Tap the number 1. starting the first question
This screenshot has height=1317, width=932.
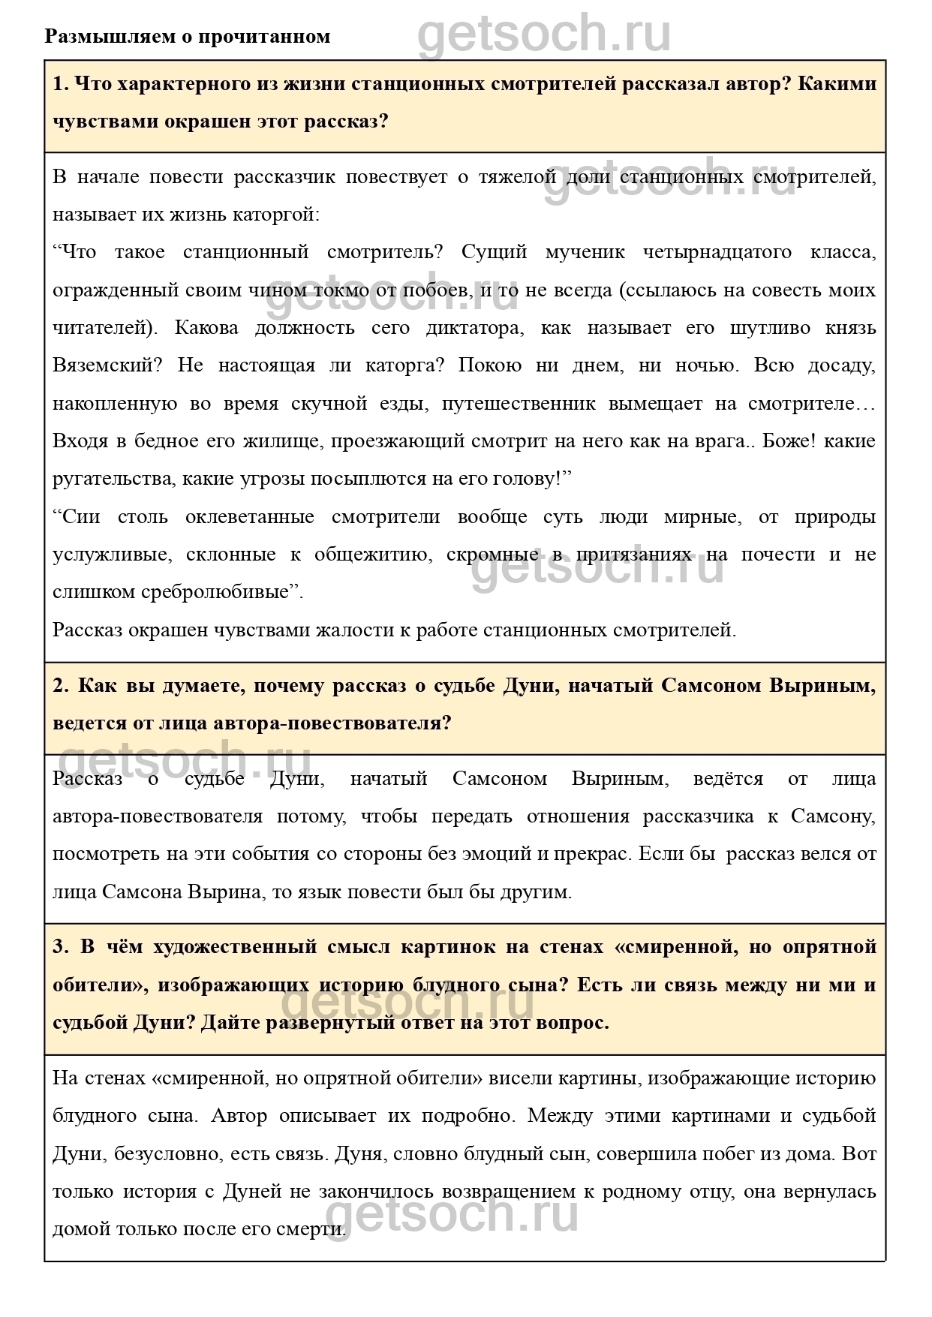click(x=61, y=83)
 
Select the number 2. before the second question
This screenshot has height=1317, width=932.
click(x=61, y=686)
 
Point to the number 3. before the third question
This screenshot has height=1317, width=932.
click(x=61, y=947)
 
